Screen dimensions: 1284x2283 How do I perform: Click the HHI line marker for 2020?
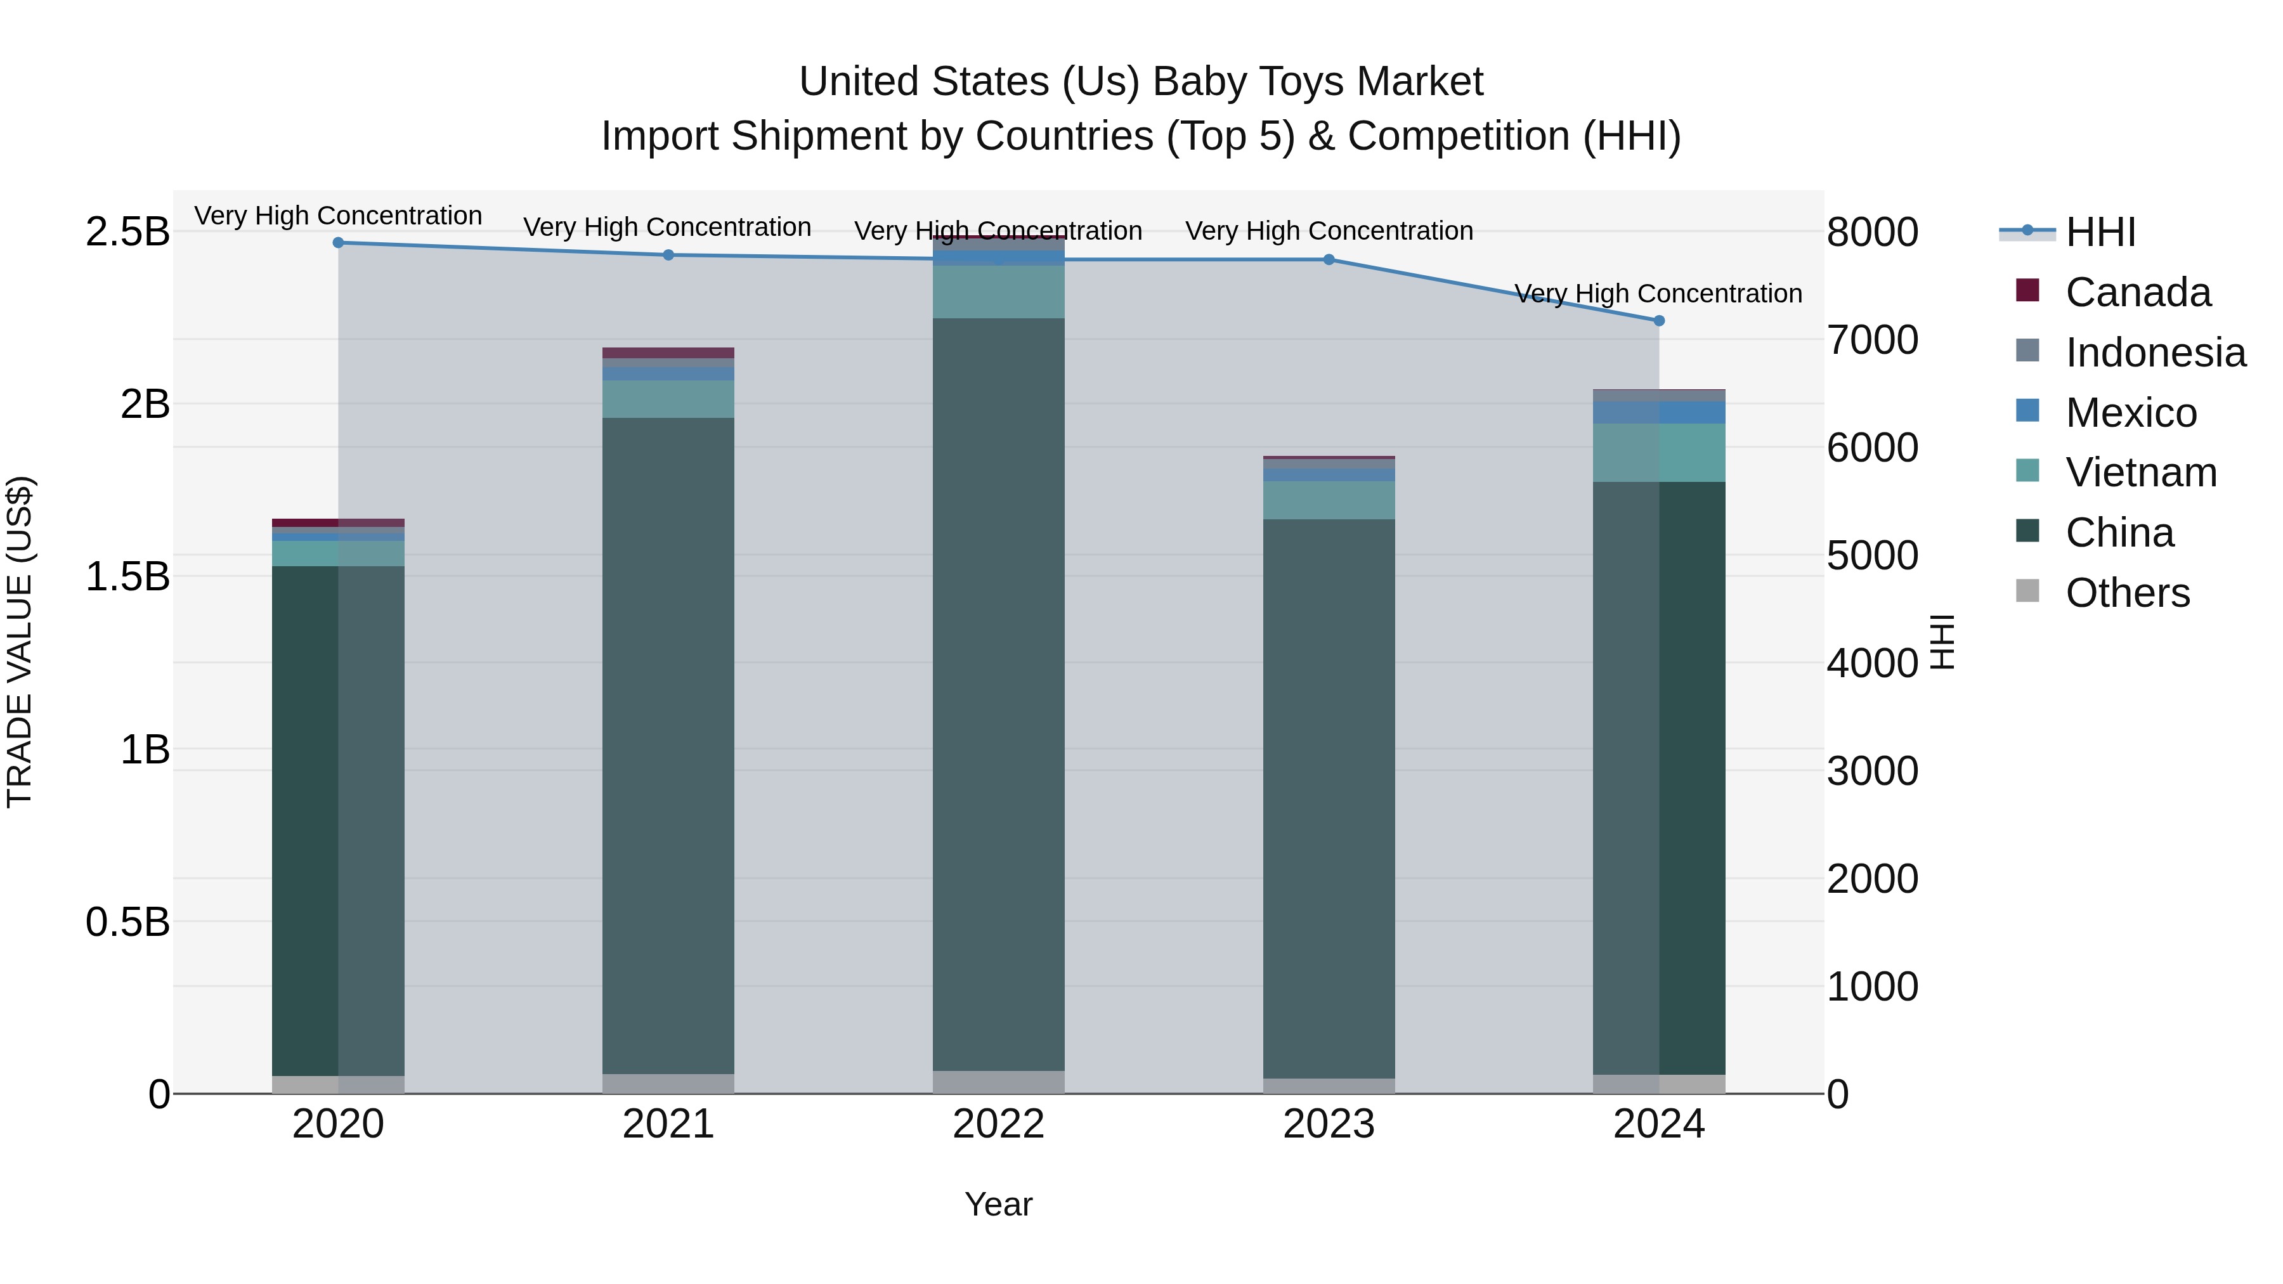337,243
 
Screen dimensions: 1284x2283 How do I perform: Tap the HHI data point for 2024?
1659,321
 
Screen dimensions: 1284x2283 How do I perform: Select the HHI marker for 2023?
1329,259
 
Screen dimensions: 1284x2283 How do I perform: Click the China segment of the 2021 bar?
668,744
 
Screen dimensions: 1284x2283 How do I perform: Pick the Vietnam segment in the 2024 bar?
1659,453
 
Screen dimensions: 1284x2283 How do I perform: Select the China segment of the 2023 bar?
1329,798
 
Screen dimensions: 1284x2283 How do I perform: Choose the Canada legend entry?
2138,292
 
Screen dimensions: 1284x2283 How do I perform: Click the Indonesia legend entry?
2156,353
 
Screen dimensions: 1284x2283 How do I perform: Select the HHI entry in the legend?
2100,232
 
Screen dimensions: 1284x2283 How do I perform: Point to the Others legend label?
2127,593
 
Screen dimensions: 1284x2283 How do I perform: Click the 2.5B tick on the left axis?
127,232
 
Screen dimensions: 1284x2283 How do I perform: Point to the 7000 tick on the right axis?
1872,340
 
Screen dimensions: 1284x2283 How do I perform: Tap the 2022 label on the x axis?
999,1124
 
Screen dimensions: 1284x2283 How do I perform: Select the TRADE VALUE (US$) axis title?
20,642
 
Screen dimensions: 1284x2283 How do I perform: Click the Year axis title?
999,1204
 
